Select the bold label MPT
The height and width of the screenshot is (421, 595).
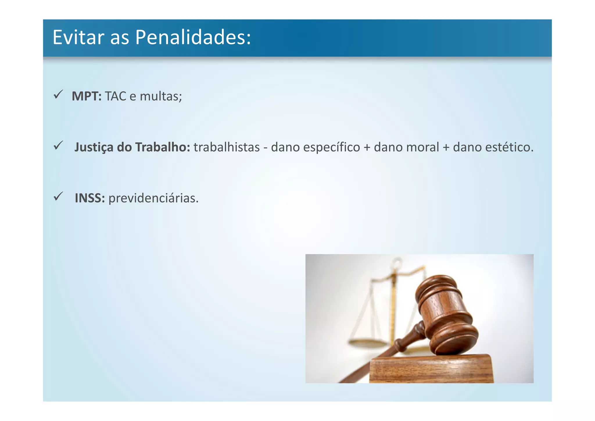coord(86,96)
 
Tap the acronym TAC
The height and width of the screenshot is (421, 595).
coord(115,96)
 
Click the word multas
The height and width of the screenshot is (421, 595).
coord(160,96)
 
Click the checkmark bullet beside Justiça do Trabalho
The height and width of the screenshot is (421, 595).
coord(58,145)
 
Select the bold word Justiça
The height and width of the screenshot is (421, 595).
coord(94,147)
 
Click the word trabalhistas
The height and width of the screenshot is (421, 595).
coord(227,147)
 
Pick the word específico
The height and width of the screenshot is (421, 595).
coord(331,147)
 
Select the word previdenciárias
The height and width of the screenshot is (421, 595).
coord(153,198)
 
